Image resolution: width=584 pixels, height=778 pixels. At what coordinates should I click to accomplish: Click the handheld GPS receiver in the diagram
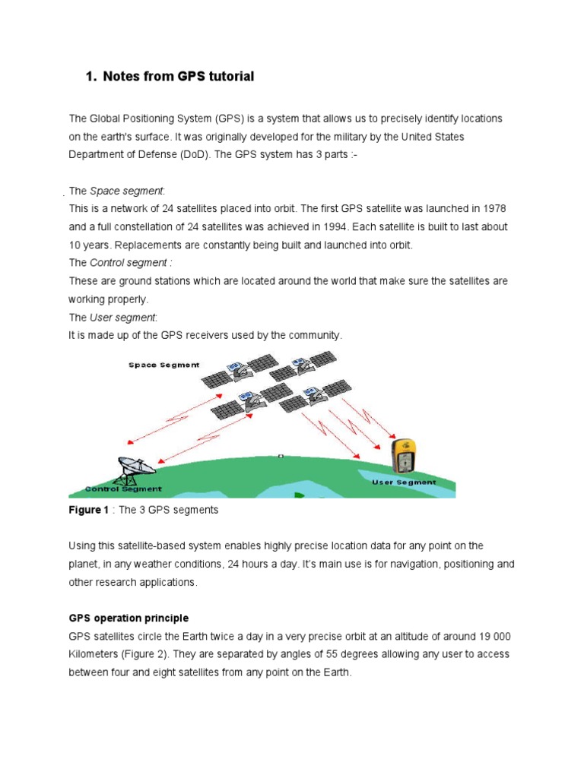click(x=404, y=457)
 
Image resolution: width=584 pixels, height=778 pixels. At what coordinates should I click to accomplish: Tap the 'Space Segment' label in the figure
click(x=163, y=365)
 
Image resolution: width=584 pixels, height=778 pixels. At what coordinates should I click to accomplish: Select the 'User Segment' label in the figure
click(x=403, y=482)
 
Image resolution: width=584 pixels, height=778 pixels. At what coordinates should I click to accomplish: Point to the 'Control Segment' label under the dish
click(x=123, y=489)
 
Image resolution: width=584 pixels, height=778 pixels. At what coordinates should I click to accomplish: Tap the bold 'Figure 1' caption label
click(x=89, y=510)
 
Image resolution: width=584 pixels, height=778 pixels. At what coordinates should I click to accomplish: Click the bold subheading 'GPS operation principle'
click(x=129, y=618)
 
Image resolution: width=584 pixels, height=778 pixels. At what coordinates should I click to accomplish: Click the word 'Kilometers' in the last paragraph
click(x=94, y=654)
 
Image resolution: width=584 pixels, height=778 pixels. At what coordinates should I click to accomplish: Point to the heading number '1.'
click(x=91, y=77)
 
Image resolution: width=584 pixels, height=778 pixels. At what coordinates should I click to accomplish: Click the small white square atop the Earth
click(x=281, y=456)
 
